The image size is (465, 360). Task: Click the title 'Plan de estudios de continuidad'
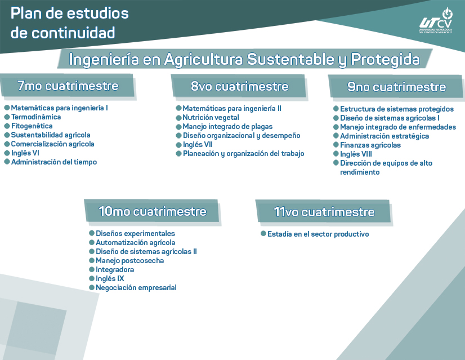[x=69, y=23]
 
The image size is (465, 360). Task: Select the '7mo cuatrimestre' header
[x=68, y=86]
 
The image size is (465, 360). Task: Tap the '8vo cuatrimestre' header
[x=239, y=86]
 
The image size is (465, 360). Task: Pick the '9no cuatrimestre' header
[x=396, y=87]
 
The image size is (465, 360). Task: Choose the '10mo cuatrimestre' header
[x=152, y=211]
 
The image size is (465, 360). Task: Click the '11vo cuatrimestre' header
[x=324, y=212]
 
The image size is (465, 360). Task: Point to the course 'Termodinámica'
[x=36, y=117]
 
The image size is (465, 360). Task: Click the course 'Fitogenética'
[x=32, y=126]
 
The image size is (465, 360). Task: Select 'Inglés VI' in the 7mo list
[x=25, y=153]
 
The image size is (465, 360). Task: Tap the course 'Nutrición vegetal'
[x=211, y=118]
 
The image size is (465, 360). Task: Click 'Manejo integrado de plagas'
[x=223, y=127]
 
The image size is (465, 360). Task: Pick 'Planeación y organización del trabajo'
[x=243, y=154]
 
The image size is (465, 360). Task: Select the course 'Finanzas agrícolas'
[x=370, y=145]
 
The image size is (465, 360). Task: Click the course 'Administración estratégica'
[x=384, y=136]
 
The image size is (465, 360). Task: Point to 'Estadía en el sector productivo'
[x=318, y=234]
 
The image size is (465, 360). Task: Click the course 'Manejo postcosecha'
[x=129, y=261]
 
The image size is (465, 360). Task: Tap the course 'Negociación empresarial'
[x=136, y=288]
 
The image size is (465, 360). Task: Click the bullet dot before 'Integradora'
[x=91, y=270]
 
